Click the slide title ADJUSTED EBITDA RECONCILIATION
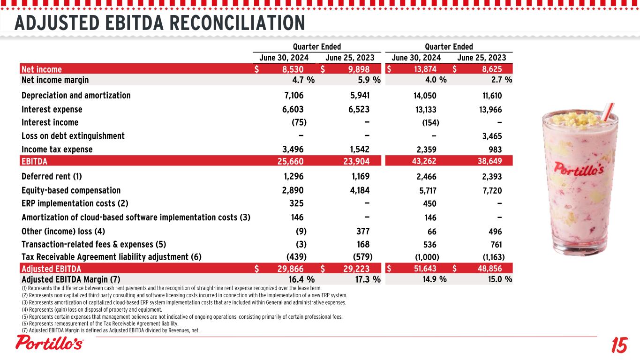click(159, 22)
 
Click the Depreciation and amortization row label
click(76, 96)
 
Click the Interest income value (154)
click(430, 123)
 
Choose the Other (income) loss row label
click(63, 231)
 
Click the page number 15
click(618, 346)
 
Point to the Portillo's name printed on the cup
click(579, 167)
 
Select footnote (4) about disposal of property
click(91, 310)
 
